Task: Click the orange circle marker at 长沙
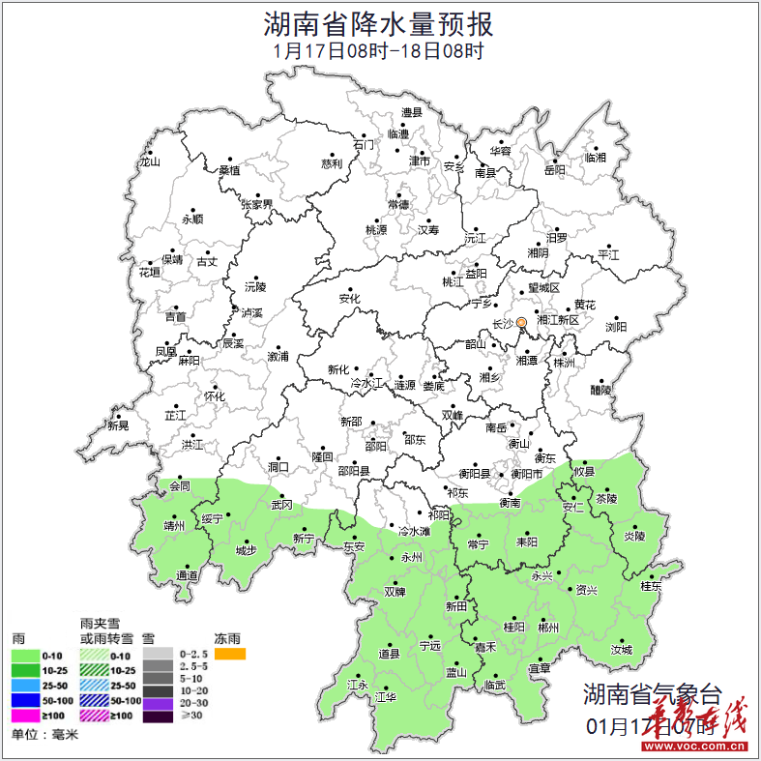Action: pyautogui.click(x=520, y=323)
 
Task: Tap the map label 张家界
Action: pyautogui.click(x=256, y=205)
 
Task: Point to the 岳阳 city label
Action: pyautogui.click(x=554, y=170)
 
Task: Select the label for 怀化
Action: pyautogui.click(x=214, y=396)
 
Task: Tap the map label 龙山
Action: pyautogui.click(x=149, y=162)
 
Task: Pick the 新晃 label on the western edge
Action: pyautogui.click(x=118, y=425)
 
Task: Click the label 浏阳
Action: pyautogui.click(x=616, y=327)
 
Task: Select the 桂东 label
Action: pyautogui.click(x=651, y=586)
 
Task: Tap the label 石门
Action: pyautogui.click(x=364, y=145)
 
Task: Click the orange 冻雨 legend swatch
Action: pyautogui.click(x=230, y=655)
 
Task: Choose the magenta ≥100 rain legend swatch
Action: pyautogui.click(x=26, y=716)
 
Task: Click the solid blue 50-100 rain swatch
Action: pyautogui.click(x=26, y=700)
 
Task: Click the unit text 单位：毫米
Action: pyautogui.click(x=44, y=735)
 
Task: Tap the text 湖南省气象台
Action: pyautogui.click(x=652, y=694)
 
